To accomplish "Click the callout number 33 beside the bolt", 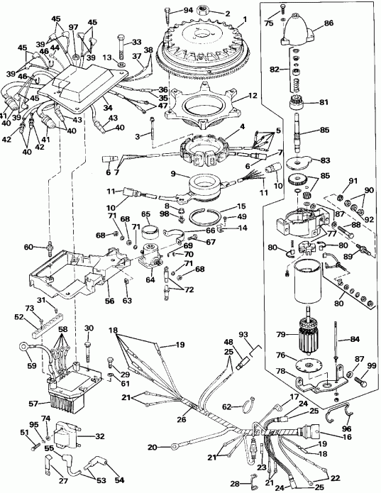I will (x=137, y=42).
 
